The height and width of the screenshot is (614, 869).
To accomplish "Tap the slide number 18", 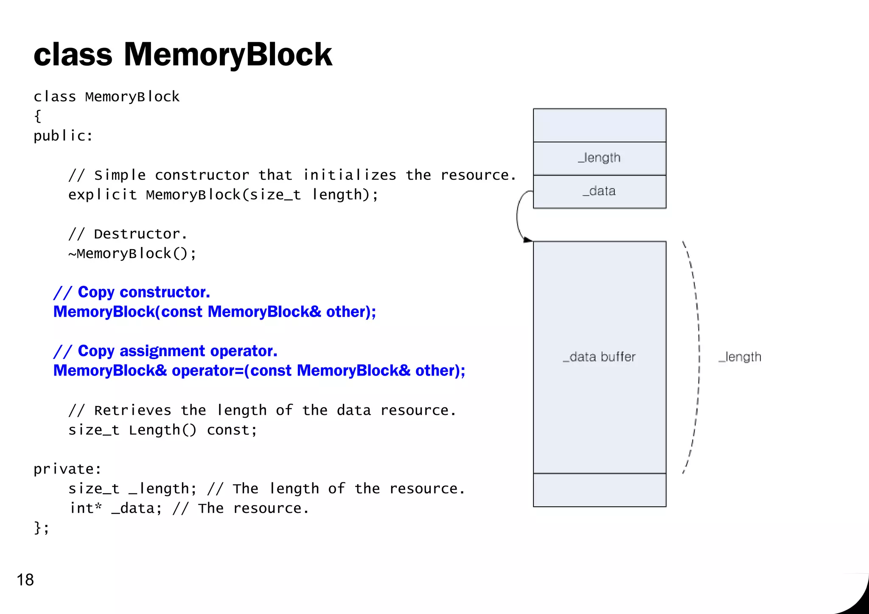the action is pyautogui.click(x=25, y=580).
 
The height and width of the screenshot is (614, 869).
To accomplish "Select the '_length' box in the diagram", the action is pyautogui.click(x=599, y=158).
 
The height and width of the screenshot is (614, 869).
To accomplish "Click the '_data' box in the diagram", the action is pyautogui.click(x=599, y=191).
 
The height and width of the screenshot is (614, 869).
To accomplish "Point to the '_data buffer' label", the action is pyautogui.click(x=599, y=357).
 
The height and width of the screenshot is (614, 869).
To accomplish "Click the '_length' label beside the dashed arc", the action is pyautogui.click(x=740, y=357).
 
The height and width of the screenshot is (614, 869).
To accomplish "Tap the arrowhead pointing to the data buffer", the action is pyautogui.click(x=527, y=240).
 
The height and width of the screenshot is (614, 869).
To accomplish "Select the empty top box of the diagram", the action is pyautogui.click(x=599, y=125).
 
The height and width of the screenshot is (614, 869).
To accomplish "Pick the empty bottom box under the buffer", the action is pyautogui.click(x=599, y=490).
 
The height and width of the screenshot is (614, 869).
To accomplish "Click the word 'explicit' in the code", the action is pyautogui.click(x=102, y=195).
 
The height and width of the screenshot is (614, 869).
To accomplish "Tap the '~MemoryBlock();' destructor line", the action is pyautogui.click(x=132, y=254).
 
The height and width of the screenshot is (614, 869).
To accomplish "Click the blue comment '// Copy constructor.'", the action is pyautogui.click(x=132, y=292).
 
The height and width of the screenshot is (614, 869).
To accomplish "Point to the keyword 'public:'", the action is pyautogui.click(x=63, y=136).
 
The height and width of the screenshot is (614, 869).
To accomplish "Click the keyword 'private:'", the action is pyautogui.click(x=67, y=469).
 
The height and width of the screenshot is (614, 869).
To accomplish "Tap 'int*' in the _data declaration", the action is pyautogui.click(x=86, y=508).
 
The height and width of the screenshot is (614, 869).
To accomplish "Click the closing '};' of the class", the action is pyautogui.click(x=41, y=527).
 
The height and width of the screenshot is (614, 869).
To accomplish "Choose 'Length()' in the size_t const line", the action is pyautogui.click(x=163, y=430).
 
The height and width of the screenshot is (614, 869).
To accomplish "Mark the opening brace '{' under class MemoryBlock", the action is pyautogui.click(x=38, y=116).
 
